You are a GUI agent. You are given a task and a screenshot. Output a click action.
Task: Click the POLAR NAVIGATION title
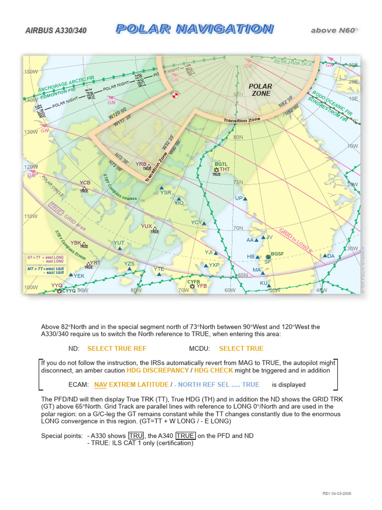194,29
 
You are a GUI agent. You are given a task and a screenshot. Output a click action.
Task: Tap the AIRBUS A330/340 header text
56,31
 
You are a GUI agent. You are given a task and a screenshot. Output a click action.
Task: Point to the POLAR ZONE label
260,90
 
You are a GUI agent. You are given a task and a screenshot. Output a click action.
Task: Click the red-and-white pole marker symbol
175,94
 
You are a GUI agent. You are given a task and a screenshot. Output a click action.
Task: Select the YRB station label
141,164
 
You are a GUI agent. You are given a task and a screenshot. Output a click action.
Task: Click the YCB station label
85,183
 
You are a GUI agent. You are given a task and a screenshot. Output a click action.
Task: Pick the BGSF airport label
278,254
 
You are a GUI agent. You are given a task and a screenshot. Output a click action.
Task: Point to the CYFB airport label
193,282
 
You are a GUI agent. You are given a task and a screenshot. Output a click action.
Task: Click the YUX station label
146,226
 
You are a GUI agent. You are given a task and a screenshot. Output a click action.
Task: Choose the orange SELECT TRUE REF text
116,349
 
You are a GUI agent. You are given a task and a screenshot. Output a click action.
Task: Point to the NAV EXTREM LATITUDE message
131,384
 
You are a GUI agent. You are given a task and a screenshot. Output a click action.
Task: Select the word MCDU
199,349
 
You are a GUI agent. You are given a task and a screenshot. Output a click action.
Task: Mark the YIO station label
179,203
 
